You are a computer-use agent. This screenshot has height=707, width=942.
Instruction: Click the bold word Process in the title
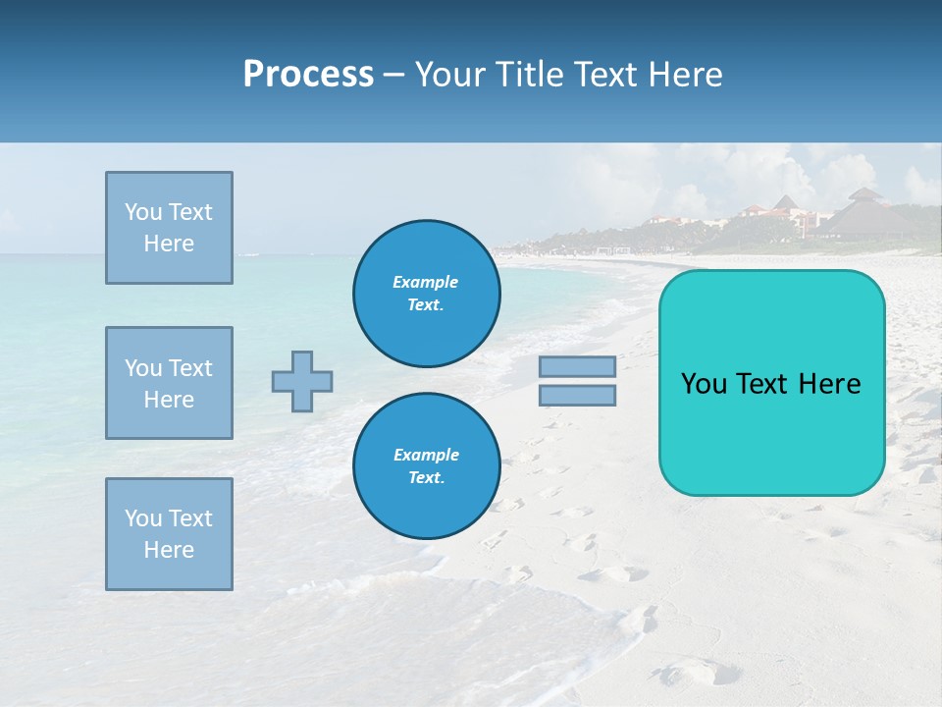(308, 75)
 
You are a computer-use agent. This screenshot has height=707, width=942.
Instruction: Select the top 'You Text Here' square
(169, 228)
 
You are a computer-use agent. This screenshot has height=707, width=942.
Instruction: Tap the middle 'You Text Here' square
(169, 383)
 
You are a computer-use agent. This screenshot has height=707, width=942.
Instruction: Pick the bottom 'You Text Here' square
(169, 534)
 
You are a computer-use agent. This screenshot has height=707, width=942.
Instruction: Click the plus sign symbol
(302, 381)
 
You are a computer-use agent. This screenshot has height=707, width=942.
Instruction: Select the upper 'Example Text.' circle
(426, 294)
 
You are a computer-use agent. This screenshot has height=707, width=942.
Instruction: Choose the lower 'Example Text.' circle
(426, 466)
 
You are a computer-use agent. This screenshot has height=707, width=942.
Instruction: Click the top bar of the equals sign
(577, 367)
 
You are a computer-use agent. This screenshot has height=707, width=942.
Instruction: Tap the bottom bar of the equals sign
(577, 396)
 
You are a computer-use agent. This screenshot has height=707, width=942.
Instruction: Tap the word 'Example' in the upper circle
(426, 282)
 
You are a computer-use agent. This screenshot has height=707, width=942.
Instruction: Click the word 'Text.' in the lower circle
(426, 478)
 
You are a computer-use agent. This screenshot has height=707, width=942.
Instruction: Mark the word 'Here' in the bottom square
(169, 550)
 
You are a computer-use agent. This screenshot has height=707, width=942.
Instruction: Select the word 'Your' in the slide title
(452, 75)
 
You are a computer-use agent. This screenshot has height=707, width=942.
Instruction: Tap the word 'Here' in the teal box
(829, 384)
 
